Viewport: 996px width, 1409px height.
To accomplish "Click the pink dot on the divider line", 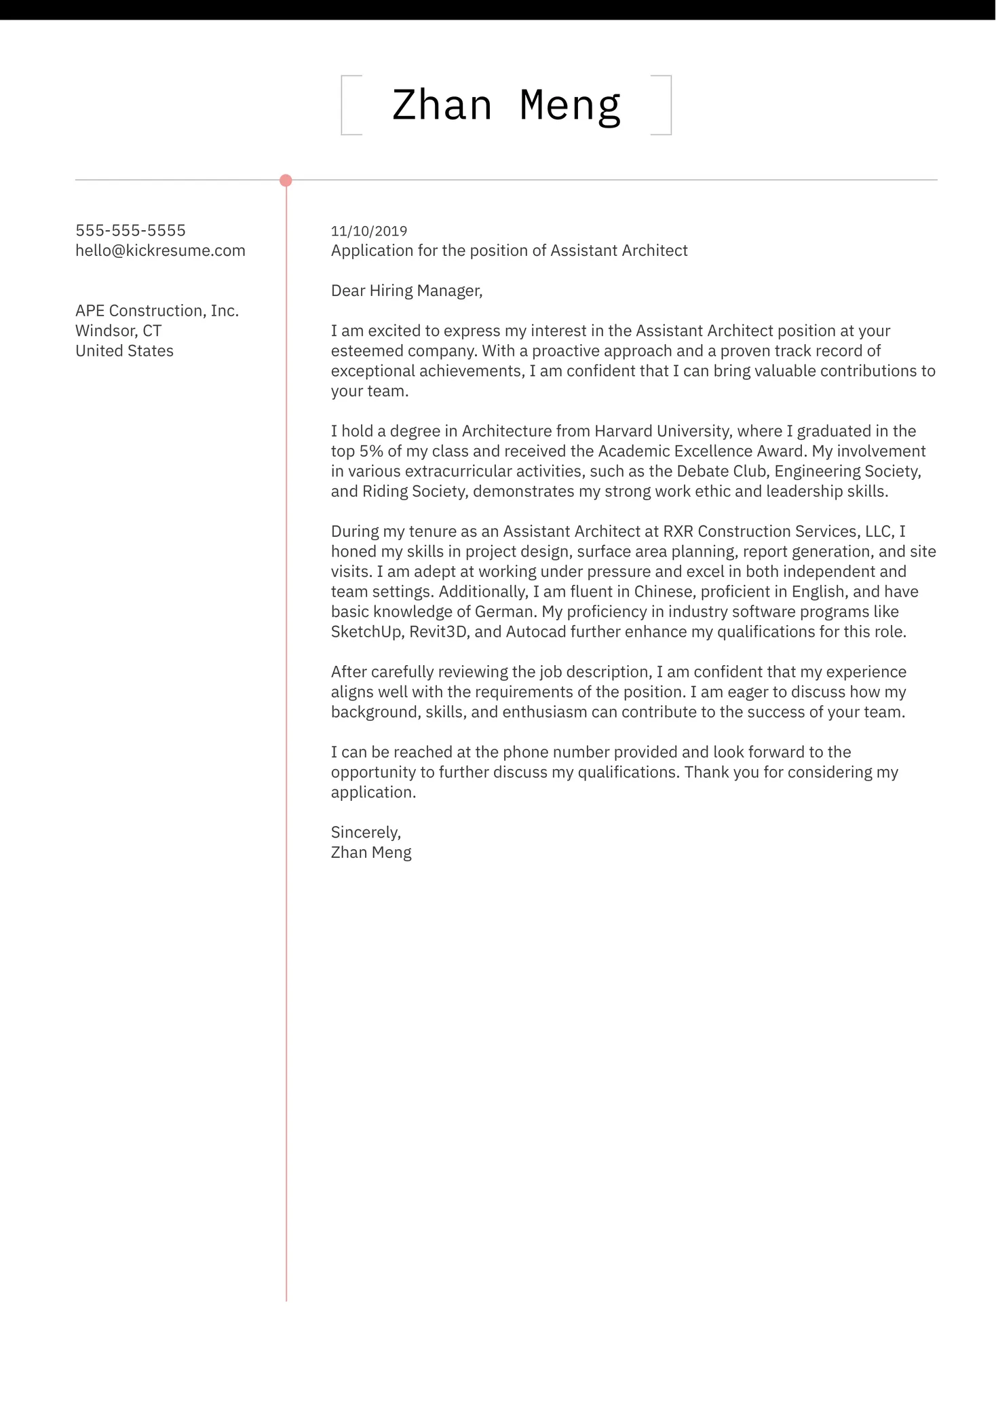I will (286, 181).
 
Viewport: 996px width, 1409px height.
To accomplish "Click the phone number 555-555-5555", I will (130, 231).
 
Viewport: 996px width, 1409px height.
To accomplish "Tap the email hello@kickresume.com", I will (160, 250).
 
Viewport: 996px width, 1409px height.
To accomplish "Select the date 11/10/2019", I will (368, 231).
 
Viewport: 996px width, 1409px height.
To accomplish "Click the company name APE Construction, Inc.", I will (157, 311).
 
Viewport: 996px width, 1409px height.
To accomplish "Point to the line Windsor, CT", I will (118, 331).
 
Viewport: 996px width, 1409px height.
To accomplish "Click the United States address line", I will (124, 351).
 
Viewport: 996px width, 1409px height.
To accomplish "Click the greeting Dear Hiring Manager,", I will (406, 291).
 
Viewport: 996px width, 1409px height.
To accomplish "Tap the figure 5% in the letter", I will (371, 451).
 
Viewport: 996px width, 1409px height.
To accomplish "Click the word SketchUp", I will (367, 633).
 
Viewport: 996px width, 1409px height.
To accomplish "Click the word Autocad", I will (535, 633).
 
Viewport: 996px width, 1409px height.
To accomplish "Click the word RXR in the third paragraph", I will (678, 531).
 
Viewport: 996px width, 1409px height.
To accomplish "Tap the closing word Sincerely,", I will (366, 833).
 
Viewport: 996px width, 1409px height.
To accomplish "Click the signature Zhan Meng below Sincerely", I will (370, 853).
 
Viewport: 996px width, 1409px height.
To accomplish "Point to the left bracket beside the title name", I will (343, 105).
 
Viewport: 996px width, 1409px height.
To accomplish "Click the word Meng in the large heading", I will (570, 106).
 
